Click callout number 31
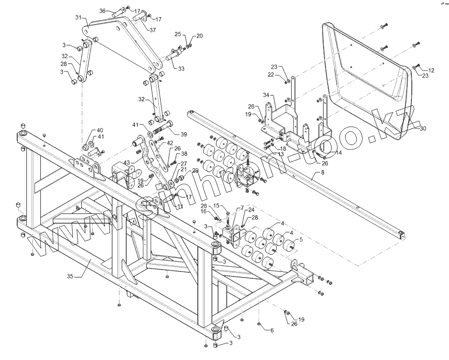pyautogui.click(x=78, y=17)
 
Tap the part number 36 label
pyautogui.click(x=103, y=11)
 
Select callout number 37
pyautogui.click(x=153, y=30)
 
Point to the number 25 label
pyautogui.click(x=178, y=34)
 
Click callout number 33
pyautogui.click(x=181, y=69)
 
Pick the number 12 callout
pyautogui.click(x=431, y=71)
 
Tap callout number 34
pyautogui.click(x=266, y=95)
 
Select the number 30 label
pyautogui.click(x=423, y=129)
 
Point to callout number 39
pyautogui.click(x=184, y=135)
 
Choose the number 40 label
pyautogui.click(x=100, y=130)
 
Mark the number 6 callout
pyautogui.click(x=272, y=330)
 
